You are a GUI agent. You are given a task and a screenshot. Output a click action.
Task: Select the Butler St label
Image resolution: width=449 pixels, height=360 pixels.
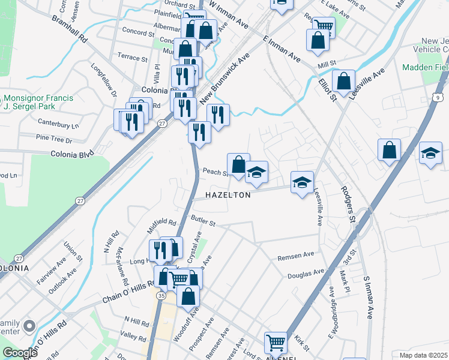click(203, 221)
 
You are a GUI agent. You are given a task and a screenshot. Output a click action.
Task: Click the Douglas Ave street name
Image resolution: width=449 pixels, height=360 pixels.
click(306, 274)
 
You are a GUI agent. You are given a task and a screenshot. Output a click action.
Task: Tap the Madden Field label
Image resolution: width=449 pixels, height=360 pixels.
click(426, 67)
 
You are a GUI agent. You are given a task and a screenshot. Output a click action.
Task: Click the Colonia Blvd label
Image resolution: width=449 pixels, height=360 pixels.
click(73, 154)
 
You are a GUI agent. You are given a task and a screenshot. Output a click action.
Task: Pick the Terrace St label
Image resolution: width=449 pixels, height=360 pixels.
click(132, 59)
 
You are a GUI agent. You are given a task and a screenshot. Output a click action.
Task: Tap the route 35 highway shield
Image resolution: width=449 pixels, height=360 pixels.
click(161, 296)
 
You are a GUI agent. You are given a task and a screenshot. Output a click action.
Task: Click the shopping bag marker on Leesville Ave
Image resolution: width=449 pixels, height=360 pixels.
click(343, 81)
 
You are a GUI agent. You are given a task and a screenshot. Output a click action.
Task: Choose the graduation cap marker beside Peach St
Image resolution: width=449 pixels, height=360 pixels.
click(256, 173)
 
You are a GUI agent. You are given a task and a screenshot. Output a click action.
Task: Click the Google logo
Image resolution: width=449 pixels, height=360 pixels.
click(20, 353)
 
